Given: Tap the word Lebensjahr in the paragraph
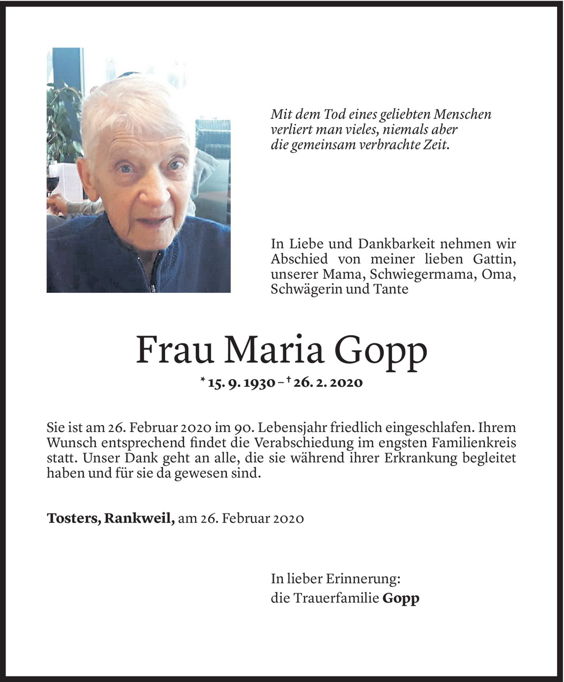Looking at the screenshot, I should (291, 428).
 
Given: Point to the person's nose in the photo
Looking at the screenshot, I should (155, 192).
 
